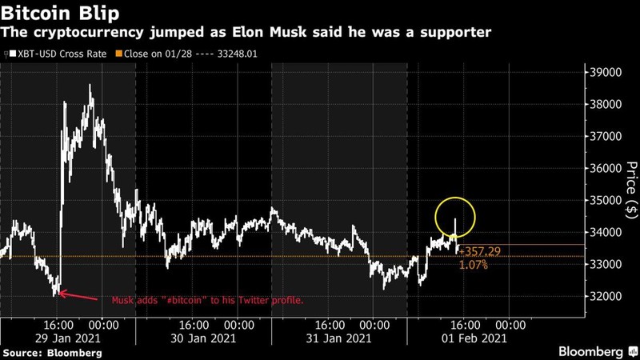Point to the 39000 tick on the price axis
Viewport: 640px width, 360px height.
(606, 72)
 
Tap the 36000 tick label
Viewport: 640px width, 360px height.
(606, 168)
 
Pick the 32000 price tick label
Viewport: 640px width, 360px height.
(606, 296)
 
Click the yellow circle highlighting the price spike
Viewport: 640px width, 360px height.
(455, 218)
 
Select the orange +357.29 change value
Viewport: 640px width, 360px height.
(479, 251)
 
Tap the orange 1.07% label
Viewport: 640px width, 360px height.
(473, 264)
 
